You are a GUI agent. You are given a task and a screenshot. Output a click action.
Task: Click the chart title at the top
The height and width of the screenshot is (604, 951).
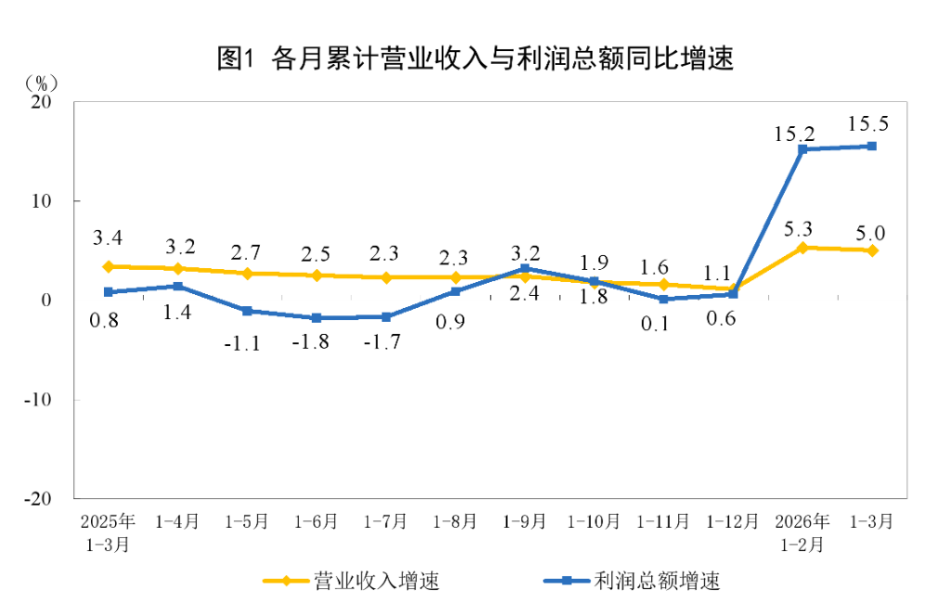tap(475, 58)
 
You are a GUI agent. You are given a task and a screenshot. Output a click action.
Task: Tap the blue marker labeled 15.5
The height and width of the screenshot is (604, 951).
tap(872, 146)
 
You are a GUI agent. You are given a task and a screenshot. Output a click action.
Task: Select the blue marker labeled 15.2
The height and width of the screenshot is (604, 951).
tap(802, 148)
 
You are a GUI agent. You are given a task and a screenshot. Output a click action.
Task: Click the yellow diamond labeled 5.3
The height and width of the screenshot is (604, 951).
tap(802, 248)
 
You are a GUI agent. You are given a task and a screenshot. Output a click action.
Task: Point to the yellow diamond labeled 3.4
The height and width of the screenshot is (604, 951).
tap(109, 266)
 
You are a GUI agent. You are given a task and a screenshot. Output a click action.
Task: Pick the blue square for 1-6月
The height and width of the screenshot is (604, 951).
tap(317, 317)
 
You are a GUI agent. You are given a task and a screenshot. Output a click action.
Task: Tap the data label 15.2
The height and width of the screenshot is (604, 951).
tap(796, 133)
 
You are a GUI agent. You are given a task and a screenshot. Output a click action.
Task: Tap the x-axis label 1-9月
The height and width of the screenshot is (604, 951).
tap(525, 521)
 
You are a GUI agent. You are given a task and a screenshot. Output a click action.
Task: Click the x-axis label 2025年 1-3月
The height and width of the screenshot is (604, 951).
tap(108, 532)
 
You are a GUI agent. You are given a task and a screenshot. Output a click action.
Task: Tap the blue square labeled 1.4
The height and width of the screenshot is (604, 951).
tap(178, 286)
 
